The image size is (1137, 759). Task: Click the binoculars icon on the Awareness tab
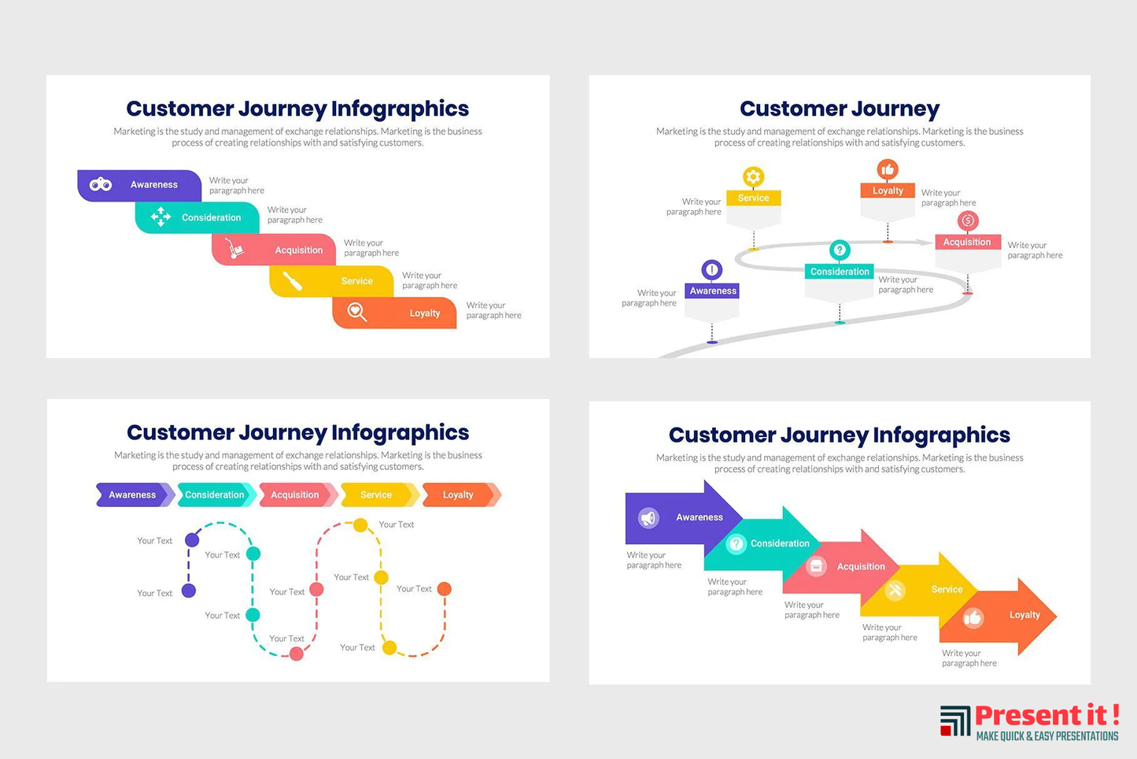click(x=101, y=185)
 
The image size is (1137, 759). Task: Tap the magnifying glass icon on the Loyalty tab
click(x=356, y=313)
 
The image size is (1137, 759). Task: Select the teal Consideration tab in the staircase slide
click(x=197, y=218)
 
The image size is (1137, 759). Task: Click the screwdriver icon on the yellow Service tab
click(x=292, y=281)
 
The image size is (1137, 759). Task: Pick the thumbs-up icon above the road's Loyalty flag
click(x=888, y=169)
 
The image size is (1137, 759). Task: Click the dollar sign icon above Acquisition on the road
click(x=968, y=221)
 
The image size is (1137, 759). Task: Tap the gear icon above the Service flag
click(x=753, y=176)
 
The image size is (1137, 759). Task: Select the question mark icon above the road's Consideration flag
click(x=840, y=250)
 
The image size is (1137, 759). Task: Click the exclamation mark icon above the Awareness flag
click(x=712, y=270)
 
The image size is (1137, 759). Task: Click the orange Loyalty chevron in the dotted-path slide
click(x=460, y=495)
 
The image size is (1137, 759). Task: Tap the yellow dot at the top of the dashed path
click(x=360, y=524)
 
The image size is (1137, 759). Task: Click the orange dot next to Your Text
click(x=445, y=589)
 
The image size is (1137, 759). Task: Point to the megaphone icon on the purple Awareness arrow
click(x=648, y=517)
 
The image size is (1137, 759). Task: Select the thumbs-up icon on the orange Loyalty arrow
click(x=973, y=618)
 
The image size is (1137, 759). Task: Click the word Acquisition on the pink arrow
click(x=861, y=567)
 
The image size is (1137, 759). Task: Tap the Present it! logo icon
click(x=955, y=720)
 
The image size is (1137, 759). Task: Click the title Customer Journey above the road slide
click(x=840, y=109)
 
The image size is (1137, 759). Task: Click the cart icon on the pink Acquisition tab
click(x=234, y=250)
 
